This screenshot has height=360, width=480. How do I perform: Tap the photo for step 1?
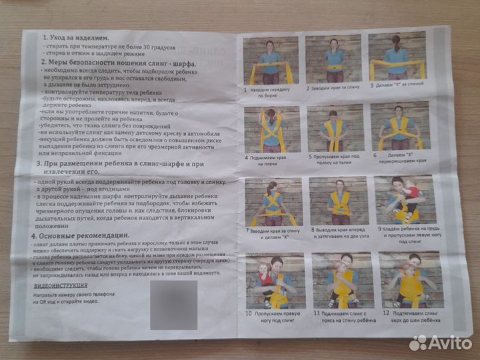(271, 61)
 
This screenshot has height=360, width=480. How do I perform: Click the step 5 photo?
(334, 127)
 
